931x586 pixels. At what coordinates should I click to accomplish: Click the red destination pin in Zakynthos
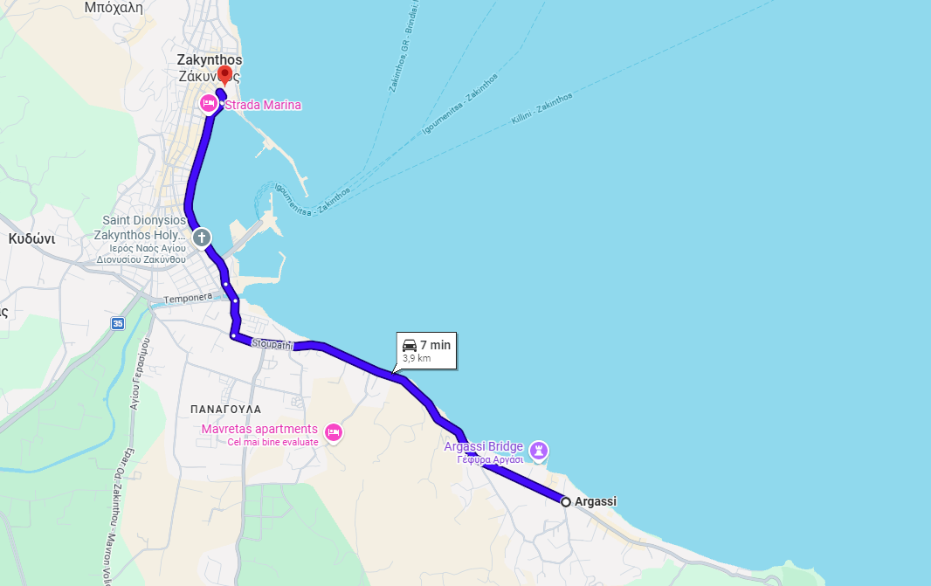point(224,73)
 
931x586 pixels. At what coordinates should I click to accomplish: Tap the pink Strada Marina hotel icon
point(208,104)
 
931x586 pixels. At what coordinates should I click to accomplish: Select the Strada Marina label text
point(263,106)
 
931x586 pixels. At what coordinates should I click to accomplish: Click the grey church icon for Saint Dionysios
point(202,237)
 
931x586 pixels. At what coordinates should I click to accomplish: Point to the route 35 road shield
point(118,323)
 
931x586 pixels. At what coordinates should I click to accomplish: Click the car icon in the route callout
point(410,345)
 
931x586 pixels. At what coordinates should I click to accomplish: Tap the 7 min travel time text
point(435,345)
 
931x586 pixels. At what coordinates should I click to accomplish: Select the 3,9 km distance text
point(417,358)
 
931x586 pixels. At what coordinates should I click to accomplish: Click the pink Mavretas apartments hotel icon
point(332,431)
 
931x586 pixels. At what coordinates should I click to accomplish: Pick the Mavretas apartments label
point(259,429)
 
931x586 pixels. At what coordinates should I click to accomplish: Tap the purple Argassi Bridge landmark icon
point(539,450)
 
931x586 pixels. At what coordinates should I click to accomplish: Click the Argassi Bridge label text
point(483,446)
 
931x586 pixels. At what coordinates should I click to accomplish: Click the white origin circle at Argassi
point(566,501)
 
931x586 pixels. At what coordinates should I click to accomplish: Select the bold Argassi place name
point(596,501)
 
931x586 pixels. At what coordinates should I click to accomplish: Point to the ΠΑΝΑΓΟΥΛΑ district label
point(225,409)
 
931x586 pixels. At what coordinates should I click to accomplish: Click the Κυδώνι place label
point(31,238)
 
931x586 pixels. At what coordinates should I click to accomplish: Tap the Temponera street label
point(188,298)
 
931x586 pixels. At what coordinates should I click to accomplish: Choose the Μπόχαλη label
point(113,7)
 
